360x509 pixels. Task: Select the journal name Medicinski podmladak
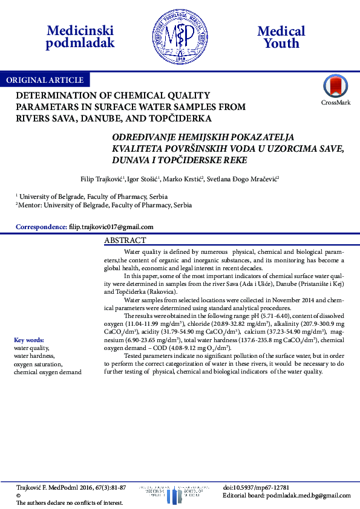coord(80,37)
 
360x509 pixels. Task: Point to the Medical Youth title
coord(281,37)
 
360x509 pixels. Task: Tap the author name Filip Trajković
coord(102,180)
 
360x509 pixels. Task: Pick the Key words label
coord(29,340)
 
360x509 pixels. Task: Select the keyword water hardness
coord(34,356)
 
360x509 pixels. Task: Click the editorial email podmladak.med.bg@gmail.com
coord(306,495)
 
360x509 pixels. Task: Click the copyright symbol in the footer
coord(18,495)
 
